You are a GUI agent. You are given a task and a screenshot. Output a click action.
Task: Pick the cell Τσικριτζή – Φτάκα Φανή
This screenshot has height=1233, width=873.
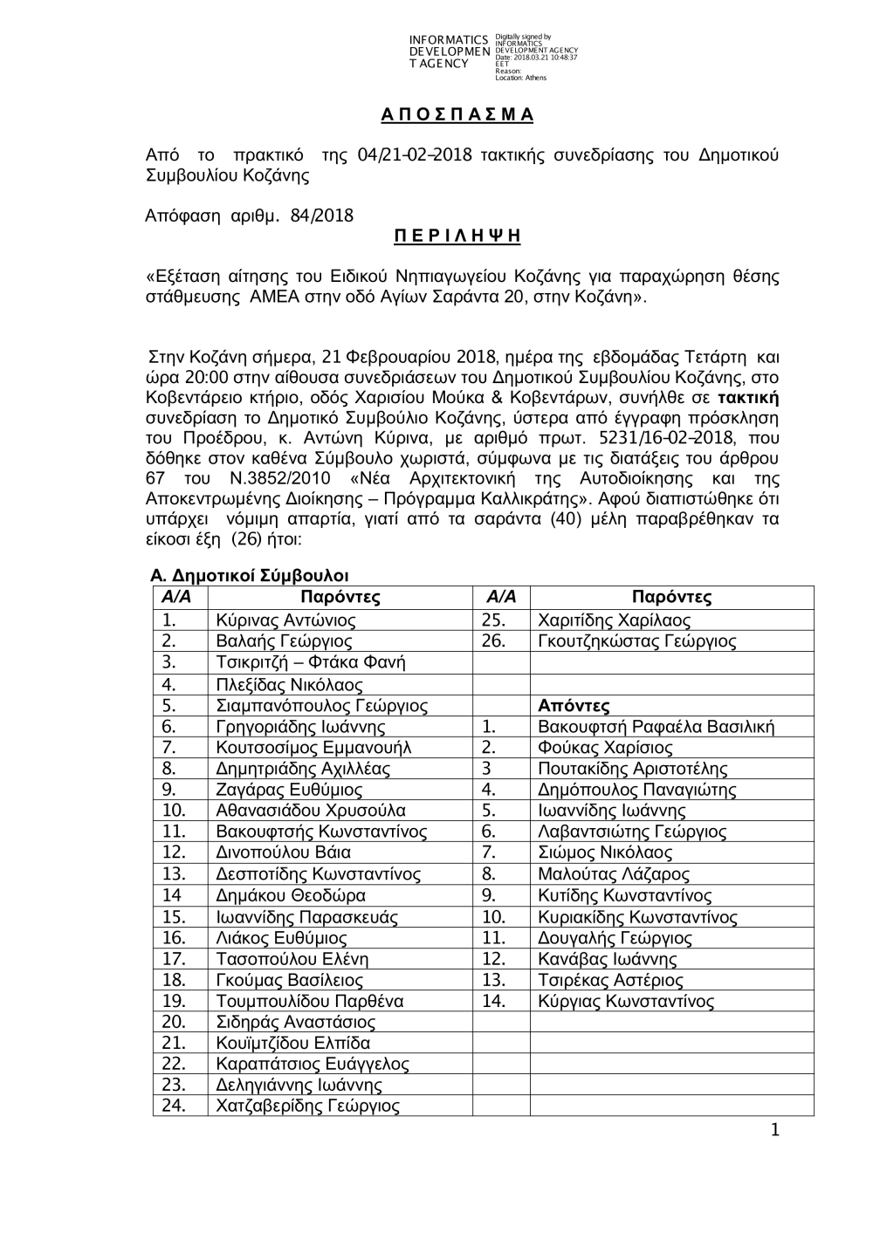pos(311,662)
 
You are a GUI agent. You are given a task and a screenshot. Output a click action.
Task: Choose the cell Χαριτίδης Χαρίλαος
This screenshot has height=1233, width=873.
pos(614,620)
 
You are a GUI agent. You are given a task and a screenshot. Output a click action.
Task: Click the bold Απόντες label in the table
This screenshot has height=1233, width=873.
pos(574,705)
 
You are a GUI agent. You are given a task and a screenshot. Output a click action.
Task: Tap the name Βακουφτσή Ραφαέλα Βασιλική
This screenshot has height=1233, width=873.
pos(656,727)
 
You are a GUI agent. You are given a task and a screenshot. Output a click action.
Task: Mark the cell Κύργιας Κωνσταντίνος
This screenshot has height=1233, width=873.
pos(626,1001)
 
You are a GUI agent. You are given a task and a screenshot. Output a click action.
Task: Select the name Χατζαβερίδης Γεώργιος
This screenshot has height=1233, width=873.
pos(307,1106)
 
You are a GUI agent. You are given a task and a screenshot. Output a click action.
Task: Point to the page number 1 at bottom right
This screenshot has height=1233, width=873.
pos(773,1132)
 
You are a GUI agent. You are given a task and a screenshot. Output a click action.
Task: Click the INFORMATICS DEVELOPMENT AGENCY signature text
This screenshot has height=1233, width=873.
pos(448,51)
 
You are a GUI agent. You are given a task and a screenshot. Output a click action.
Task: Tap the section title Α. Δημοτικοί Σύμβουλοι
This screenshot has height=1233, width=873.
pos(250,576)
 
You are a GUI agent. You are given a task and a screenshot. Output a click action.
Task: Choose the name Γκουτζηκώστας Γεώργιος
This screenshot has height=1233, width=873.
pos(636,641)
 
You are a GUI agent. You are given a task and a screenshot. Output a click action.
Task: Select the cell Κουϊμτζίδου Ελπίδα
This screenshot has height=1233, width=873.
pos(292,1044)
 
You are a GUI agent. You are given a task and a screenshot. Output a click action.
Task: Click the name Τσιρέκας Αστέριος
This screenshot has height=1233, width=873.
pos(610,980)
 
